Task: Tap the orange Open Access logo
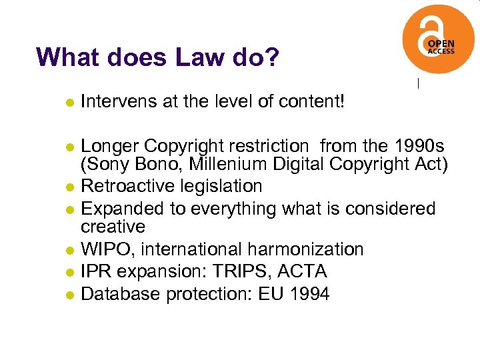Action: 438,41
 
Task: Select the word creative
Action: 113,227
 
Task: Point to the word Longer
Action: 109,145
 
